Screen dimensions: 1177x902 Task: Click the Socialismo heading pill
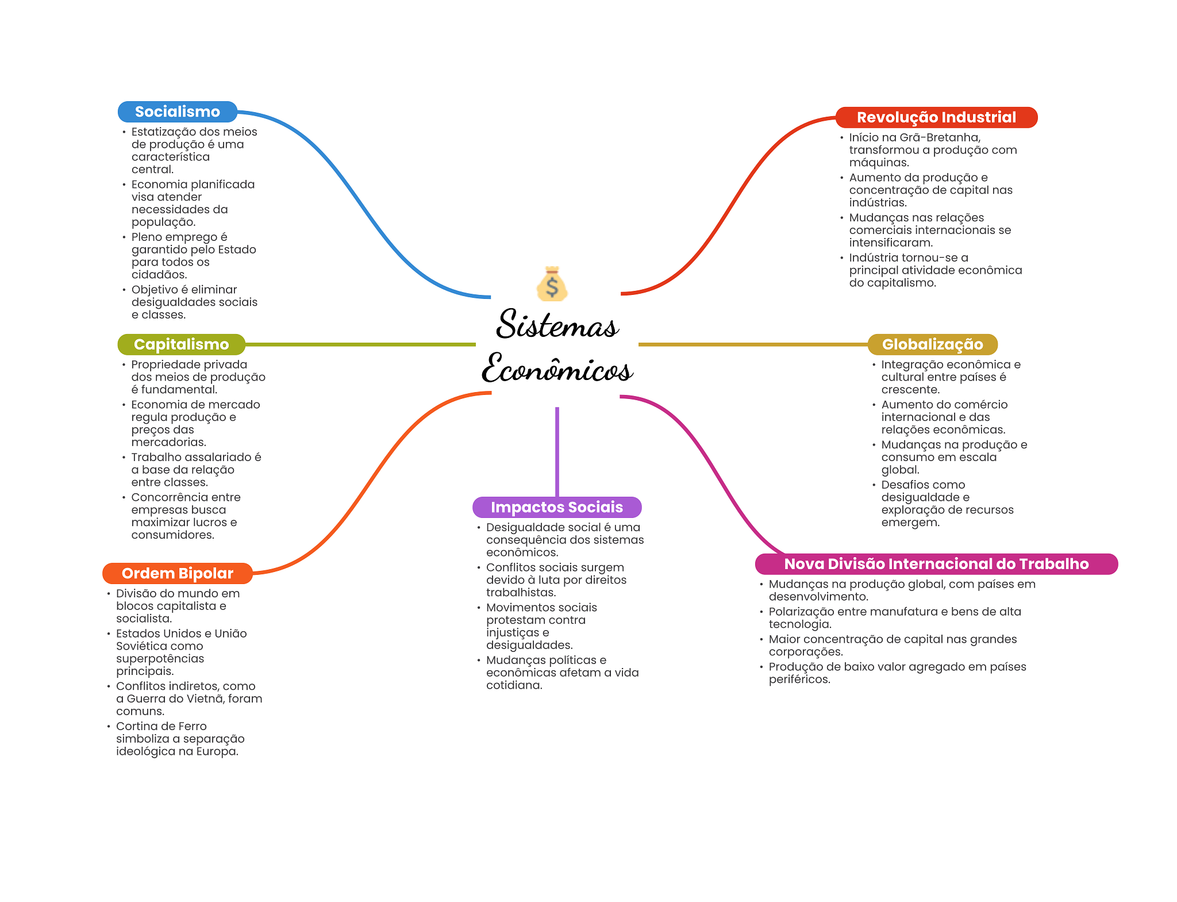pyautogui.click(x=178, y=112)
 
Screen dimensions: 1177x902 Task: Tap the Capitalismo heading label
pyautogui.click(x=182, y=344)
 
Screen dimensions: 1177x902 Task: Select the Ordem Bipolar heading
pyautogui.click(x=178, y=573)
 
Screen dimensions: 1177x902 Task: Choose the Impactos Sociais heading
pyautogui.click(x=557, y=507)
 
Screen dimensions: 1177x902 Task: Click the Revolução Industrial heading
pyautogui.click(x=936, y=117)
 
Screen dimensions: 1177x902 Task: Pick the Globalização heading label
pyautogui.click(x=932, y=344)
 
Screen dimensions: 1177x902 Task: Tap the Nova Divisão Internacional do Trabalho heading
pyautogui.click(x=936, y=564)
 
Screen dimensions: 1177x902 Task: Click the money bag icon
pyautogui.click(x=552, y=284)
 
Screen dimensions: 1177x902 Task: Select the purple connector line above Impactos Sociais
pyautogui.click(x=557, y=452)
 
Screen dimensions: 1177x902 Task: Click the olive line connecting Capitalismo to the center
pyautogui.click(x=360, y=344)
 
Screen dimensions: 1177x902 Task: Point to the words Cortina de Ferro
pyautogui.click(x=161, y=726)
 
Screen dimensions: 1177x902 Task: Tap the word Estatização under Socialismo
pyautogui.click(x=164, y=132)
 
